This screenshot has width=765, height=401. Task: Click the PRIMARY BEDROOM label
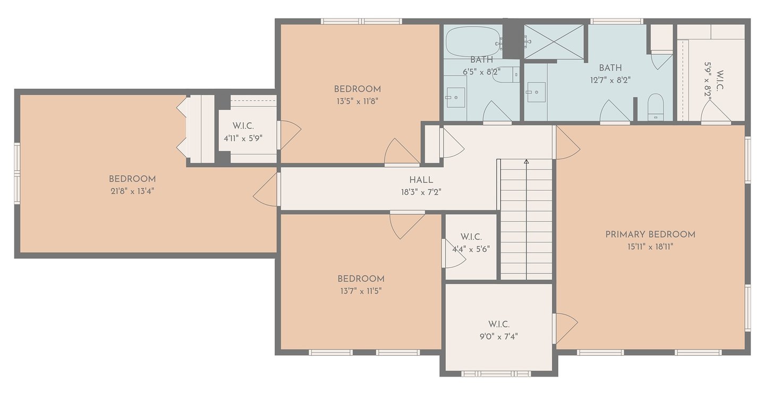click(x=650, y=235)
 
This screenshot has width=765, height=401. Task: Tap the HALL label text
click(x=421, y=180)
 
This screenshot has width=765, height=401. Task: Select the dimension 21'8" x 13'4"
click(x=132, y=191)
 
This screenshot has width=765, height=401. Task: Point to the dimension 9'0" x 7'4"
click(x=499, y=337)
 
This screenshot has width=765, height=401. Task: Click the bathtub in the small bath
click(x=473, y=41)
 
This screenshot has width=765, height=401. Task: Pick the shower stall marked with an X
click(x=554, y=41)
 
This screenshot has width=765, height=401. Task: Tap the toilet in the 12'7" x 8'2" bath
click(x=656, y=107)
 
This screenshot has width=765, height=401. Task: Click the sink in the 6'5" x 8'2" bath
click(x=456, y=97)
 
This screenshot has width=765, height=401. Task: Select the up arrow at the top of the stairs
click(x=526, y=161)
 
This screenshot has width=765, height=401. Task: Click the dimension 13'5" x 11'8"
click(x=358, y=102)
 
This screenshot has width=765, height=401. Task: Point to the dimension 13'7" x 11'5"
click(x=361, y=291)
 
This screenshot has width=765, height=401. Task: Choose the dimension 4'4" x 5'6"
click(x=471, y=249)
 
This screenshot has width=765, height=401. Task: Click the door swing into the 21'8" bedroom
click(x=266, y=189)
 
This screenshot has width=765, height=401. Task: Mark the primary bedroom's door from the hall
click(x=567, y=143)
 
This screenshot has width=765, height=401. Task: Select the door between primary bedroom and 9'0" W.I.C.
click(x=565, y=328)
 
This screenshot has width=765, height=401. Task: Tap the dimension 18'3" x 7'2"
click(x=421, y=193)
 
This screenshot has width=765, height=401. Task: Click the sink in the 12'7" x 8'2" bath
click(x=536, y=92)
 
